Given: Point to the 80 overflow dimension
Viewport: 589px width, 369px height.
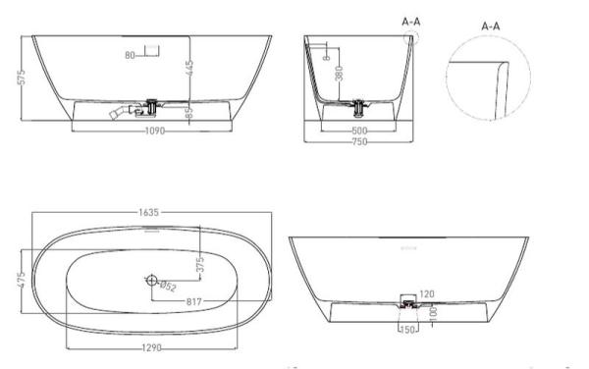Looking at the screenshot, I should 130,55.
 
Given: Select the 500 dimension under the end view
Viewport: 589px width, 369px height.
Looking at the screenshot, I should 361,129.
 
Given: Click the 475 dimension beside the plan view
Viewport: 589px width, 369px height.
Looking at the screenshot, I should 21,281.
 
